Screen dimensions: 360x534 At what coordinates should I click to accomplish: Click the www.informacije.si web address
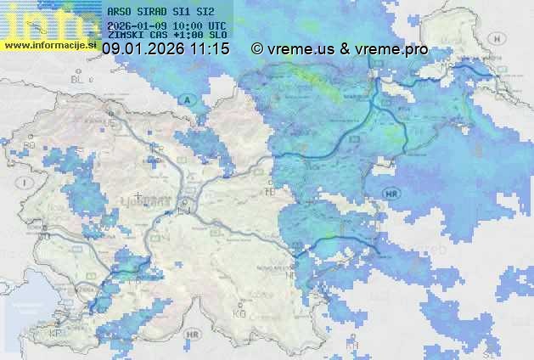click(x=49, y=45)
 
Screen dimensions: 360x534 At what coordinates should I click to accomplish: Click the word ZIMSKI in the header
click(x=126, y=35)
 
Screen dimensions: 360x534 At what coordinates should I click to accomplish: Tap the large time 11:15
click(x=211, y=49)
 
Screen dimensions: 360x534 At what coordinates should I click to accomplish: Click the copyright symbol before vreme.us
click(x=256, y=49)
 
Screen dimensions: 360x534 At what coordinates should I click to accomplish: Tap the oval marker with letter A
click(x=188, y=101)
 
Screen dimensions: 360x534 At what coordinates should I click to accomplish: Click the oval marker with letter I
click(x=28, y=183)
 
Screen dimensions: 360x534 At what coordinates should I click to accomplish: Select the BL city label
click(x=81, y=79)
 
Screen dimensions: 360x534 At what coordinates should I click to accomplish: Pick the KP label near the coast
click(x=56, y=334)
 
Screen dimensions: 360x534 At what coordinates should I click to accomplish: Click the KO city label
click(x=239, y=313)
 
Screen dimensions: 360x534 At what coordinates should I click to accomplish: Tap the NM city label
click(x=293, y=275)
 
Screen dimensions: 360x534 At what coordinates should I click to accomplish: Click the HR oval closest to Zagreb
click(x=391, y=194)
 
